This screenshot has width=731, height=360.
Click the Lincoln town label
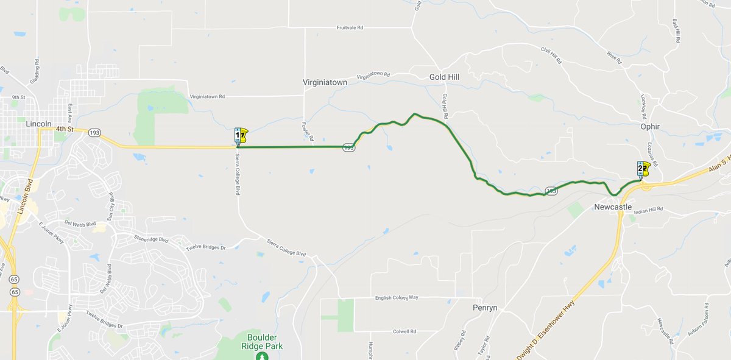pos(40,124)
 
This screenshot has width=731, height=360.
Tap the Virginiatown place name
pos(325,82)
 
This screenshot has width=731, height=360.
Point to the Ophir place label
pos(650,127)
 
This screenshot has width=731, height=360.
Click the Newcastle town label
pos(613,207)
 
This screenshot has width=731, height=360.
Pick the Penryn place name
pos(485,308)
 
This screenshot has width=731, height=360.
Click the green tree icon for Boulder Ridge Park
pos(262,356)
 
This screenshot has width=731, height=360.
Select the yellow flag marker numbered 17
pos(241,136)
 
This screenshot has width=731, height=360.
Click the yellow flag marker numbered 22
pos(643,169)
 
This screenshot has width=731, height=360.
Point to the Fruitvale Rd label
pos(350,28)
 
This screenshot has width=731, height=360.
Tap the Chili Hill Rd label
pos(551,56)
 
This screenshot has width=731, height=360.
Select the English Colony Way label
pos(397,297)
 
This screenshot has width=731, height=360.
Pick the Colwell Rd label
pos(404,331)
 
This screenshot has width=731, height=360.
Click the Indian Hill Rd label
pos(648,210)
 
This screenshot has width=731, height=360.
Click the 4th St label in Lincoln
pos(64,129)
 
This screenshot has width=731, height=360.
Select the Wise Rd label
pos(613,57)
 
